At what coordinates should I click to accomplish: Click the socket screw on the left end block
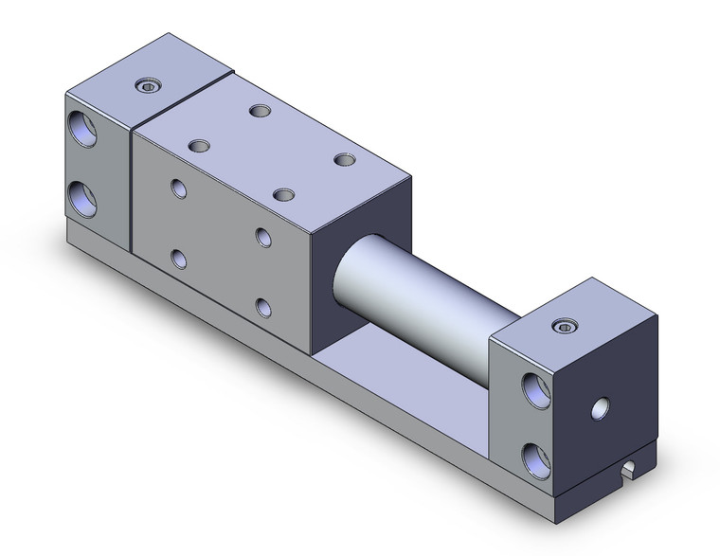tap(148, 87)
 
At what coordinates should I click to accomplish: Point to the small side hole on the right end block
tap(600, 408)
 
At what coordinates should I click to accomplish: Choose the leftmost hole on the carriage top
tap(198, 146)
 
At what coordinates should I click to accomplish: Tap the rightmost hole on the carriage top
tap(343, 159)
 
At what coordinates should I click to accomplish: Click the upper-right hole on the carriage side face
tap(263, 236)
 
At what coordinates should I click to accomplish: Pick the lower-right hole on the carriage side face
tap(263, 306)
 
